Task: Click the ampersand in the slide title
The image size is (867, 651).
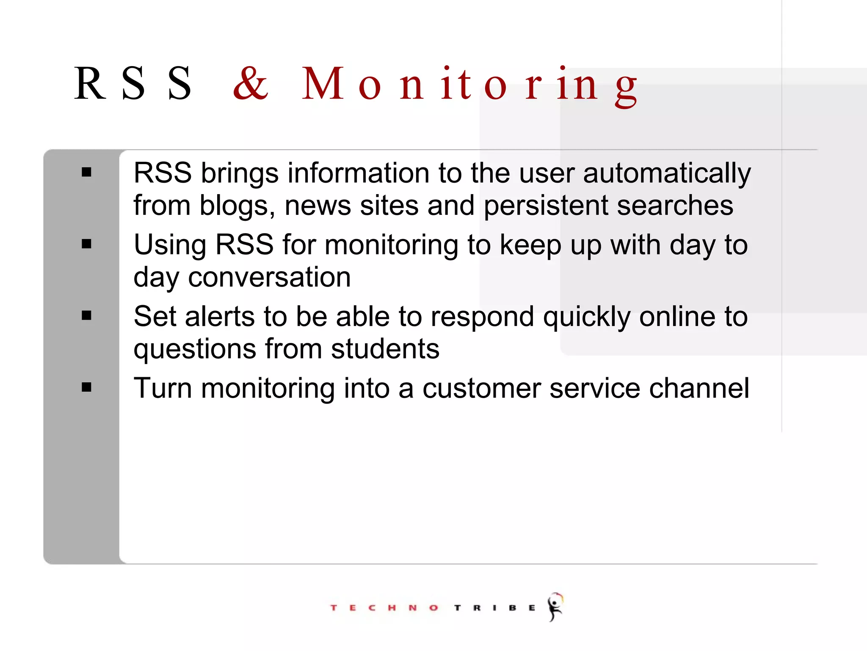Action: pos(251,83)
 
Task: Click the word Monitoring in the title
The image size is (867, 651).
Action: pos(469,85)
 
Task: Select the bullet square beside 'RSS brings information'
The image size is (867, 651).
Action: pos(87,172)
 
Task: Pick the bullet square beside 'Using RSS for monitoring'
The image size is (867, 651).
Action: pos(87,244)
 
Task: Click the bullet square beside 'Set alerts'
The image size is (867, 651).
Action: pos(87,315)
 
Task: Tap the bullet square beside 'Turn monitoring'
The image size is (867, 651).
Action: pos(87,387)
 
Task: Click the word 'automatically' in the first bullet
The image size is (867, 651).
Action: pos(667,174)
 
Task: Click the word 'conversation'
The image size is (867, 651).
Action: pos(269,278)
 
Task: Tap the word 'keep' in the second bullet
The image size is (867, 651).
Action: pos(530,245)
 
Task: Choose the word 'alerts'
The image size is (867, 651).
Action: pos(220,317)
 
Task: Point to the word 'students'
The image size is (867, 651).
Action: pos(385,349)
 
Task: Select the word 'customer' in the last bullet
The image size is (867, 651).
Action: pos(482,389)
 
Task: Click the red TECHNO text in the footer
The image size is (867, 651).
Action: pos(384,608)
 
